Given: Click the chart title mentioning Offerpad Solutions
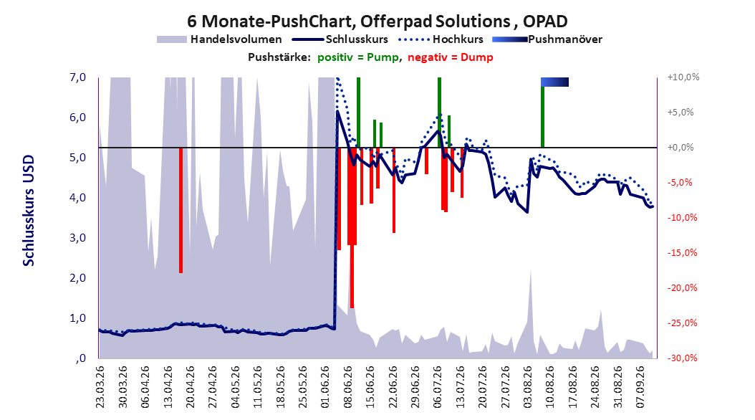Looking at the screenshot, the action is (377, 22).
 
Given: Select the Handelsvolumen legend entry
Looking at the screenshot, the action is (219, 39).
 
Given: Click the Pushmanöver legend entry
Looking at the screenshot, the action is (547, 39).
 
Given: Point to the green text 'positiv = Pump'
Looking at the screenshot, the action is (358, 57).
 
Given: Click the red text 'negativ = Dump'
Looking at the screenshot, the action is (451, 57).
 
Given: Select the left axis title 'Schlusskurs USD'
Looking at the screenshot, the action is (29, 211).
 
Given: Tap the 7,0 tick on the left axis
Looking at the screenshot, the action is (77, 77).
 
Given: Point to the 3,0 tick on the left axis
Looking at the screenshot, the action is (77, 238).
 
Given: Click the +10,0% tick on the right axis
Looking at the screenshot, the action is (683, 77).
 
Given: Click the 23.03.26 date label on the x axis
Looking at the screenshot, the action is (100, 387).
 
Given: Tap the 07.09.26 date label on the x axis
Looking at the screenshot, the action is (640, 387).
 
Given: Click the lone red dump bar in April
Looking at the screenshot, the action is (181, 211).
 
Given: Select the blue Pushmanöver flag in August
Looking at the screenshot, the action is (554, 82).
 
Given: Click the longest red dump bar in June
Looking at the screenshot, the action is (352, 228).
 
